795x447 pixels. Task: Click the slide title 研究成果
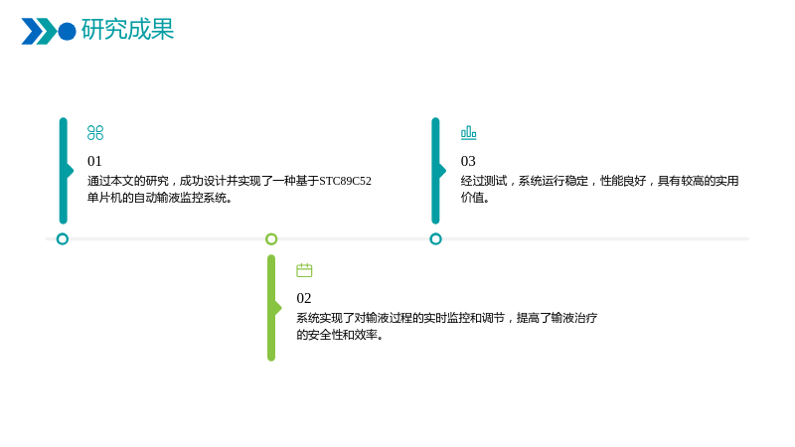127,30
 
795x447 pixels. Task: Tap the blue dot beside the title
67,32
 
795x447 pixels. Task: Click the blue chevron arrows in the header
39,32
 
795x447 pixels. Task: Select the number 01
94,161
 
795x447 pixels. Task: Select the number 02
304,298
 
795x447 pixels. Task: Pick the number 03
468,161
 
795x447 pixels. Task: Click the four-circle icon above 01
95,133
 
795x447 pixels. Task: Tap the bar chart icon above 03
468,133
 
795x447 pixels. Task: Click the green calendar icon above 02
304,270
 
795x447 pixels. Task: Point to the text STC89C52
345,181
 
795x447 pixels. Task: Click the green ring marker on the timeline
271,239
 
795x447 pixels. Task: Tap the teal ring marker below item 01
63,239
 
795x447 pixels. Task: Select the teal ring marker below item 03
435,239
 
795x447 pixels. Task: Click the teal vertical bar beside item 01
64,171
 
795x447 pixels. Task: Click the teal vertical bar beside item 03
435,171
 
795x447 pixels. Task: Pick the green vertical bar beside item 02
271,308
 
